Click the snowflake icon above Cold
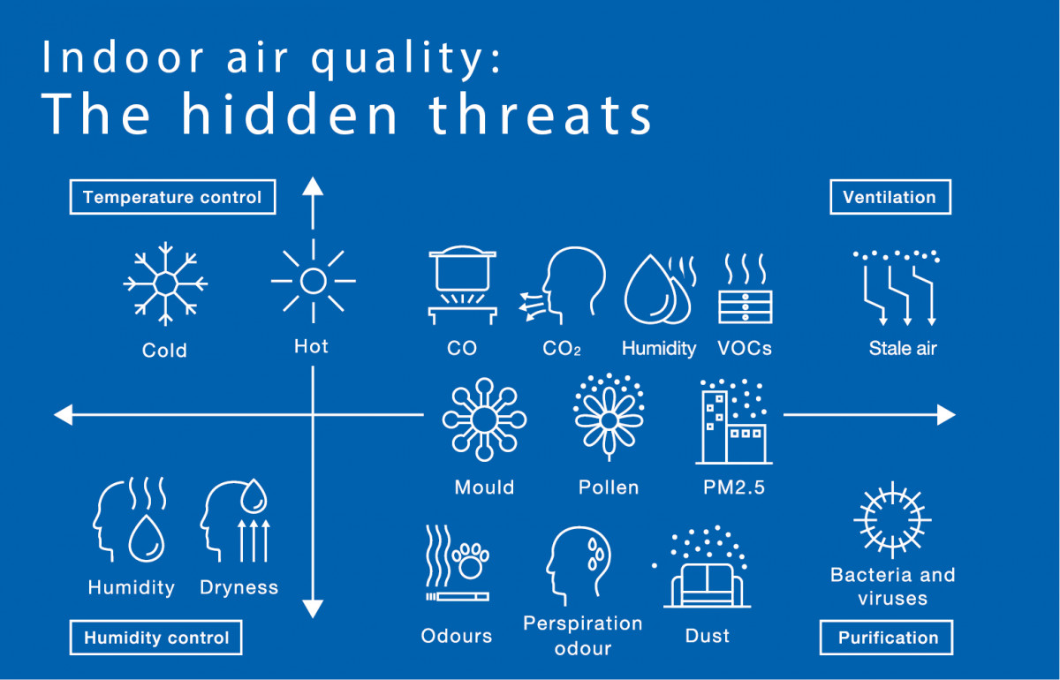pos(165,284)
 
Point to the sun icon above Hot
pos(314,281)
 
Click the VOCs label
pos(745,348)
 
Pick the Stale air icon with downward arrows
pos(897,288)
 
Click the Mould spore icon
pos(484,419)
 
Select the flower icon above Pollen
pos(609,418)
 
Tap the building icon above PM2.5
pos(733,421)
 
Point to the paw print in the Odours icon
pos(470,562)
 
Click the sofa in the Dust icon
pos(707,586)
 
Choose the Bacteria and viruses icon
pos(892,519)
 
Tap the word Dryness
pos(239,587)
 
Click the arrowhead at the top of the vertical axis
pos(313,186)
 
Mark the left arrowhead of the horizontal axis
pos(64,415)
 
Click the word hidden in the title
pos(290,114)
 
